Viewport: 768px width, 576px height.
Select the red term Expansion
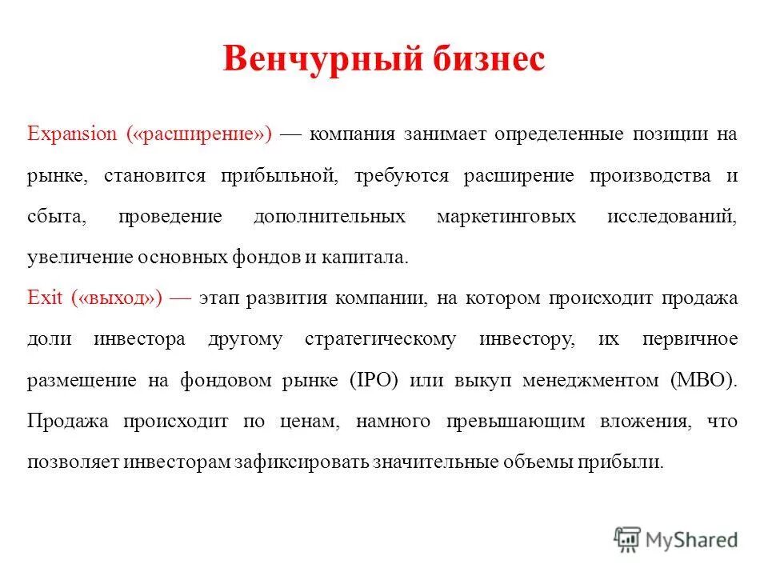72,134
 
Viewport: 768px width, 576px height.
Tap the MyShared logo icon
627,540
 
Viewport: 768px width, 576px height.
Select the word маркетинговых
506,217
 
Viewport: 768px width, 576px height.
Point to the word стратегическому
380,339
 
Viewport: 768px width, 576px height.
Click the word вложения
647,421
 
